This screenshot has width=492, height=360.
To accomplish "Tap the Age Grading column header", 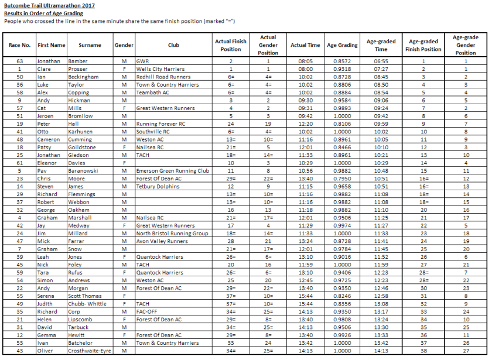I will coord(342,45).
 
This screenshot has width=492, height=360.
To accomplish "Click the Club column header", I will coord(173,45).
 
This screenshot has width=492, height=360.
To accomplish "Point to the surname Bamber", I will coord(78,61).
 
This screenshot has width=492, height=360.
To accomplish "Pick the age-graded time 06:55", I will coord(381,61).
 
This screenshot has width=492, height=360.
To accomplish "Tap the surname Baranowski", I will coord(84,171).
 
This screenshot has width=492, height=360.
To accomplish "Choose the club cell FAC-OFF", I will coord(147,311).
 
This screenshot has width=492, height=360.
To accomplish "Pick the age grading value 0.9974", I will coord(342,225).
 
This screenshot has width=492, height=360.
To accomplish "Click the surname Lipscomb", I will coord(81,320).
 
